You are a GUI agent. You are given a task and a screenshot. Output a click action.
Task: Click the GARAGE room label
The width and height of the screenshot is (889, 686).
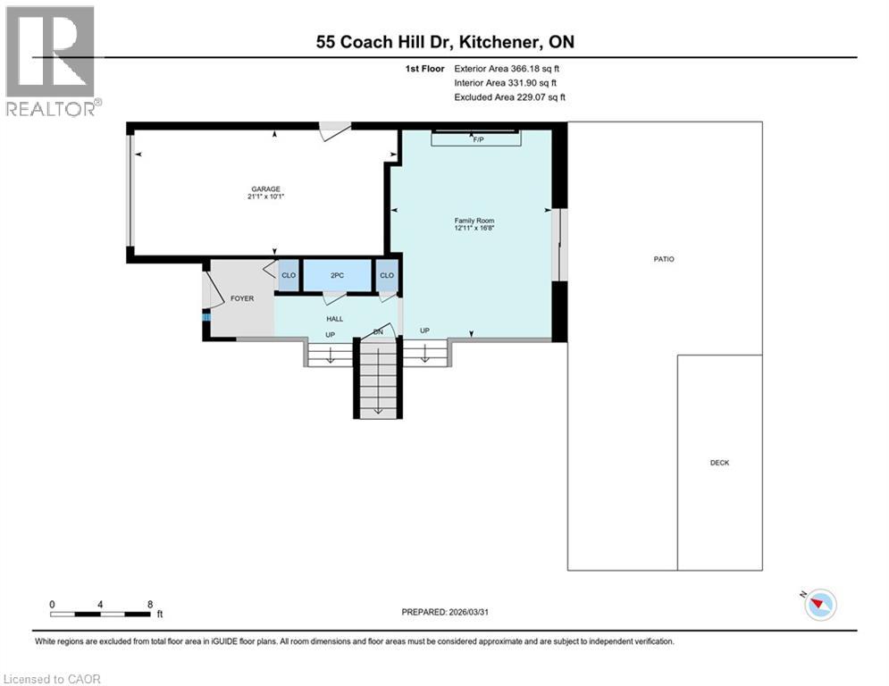[265, 188]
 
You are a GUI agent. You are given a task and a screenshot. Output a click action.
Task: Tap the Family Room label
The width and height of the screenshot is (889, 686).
[474, 221]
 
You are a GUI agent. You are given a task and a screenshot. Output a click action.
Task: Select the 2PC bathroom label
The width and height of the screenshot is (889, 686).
[337, 275]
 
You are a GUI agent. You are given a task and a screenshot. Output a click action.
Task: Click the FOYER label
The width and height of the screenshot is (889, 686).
[241, 298]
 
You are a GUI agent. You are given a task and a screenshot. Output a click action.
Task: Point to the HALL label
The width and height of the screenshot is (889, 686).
[334, 318]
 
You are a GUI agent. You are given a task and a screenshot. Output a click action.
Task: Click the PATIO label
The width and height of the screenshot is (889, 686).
[663, 259]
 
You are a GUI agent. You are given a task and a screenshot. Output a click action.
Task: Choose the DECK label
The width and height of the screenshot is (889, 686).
[719, 463]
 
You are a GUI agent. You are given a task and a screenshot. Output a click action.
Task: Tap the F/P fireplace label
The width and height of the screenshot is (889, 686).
[477, 140]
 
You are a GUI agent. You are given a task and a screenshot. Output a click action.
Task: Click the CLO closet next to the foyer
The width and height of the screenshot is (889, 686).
[289, 275]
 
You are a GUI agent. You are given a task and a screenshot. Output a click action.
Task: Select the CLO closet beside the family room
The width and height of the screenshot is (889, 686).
[386, 275]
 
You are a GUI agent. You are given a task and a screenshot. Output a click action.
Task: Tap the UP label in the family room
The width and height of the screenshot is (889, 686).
[424, 330]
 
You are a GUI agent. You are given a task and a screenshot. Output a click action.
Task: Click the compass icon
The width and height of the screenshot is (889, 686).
[819, 605]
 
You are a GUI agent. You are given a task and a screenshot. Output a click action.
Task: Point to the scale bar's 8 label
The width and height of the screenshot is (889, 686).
[148, 604]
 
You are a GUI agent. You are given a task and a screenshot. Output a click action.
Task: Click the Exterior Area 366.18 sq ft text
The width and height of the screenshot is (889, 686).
[507, 68]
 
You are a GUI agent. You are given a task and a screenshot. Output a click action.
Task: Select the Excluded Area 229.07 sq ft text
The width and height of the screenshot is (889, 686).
[509, 96]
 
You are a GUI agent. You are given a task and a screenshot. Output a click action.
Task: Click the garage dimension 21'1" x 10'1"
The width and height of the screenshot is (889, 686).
[265, 197]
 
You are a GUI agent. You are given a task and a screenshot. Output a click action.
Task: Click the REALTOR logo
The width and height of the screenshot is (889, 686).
[51, 61]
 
